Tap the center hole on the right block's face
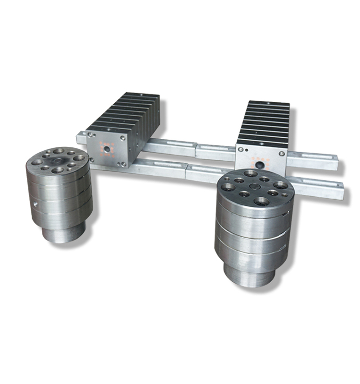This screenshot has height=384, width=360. pos(261,164)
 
